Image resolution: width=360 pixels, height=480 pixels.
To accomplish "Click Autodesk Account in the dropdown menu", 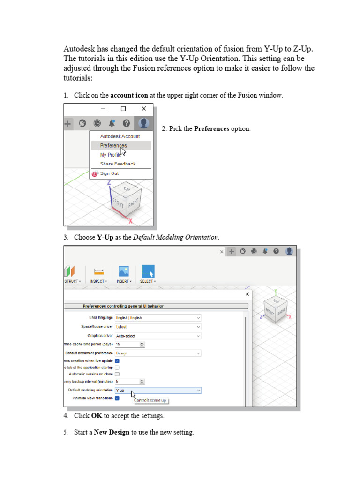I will [x=120, y=136].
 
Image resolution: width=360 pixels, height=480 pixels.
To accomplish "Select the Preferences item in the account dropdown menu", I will [x=113, y=146].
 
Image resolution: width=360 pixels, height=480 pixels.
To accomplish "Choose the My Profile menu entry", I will [x=110, y=155].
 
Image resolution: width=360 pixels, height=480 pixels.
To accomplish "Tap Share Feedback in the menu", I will [x=118, y=164].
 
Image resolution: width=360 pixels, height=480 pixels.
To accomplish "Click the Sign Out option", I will [x=109, y=173].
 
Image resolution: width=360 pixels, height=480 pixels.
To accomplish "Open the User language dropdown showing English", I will [x=158, y=318].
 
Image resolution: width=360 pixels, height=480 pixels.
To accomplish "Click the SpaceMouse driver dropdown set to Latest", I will [x=158, y=327].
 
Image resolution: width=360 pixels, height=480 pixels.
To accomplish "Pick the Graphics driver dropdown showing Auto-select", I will [x=158, y=336].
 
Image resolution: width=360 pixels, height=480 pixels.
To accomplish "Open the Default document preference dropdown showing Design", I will [x=158, y=353].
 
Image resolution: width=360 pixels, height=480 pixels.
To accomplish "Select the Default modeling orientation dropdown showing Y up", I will [x=158, y=390].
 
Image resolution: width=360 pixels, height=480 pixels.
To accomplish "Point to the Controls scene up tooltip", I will [x=150, y=400].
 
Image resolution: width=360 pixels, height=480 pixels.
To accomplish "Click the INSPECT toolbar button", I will [x=98, y=274].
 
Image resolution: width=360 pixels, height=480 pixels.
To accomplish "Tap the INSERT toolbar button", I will [x=124, y=274].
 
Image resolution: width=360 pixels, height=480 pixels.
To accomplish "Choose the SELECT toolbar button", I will [x=148, y=274].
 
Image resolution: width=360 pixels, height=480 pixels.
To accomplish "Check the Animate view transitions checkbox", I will [x=117, y=398].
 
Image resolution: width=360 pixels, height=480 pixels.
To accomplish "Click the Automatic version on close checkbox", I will [x=117, y=374].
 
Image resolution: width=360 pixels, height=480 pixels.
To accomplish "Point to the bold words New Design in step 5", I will [x=112, y=432].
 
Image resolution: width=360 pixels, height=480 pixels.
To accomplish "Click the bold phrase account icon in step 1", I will [x=129, y=95].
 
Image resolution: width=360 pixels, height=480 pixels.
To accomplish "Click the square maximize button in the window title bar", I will [x=123, y=109].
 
